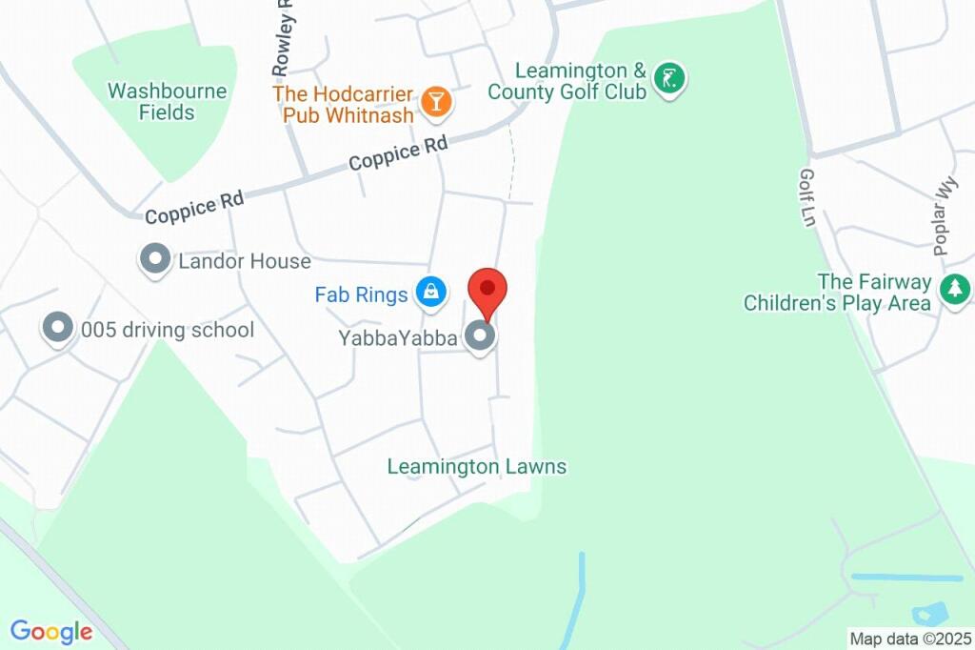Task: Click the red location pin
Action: pos(487,290)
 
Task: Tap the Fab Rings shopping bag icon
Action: pos(431,293)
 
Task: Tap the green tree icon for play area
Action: pos(953,289)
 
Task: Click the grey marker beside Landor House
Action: pos(154,259)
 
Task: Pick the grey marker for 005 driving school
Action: pos(58,329)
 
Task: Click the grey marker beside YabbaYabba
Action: pos(480,336)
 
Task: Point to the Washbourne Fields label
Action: pos(168,102)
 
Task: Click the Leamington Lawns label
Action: pos(476,467)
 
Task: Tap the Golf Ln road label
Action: pos(808,198)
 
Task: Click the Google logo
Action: pos(51,631)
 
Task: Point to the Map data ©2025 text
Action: pos(910,639)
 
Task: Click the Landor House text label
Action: pos(245,260)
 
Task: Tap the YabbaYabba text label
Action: pos(398,337)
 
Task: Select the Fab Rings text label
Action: pos(361,295)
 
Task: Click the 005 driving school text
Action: pos(168,330)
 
